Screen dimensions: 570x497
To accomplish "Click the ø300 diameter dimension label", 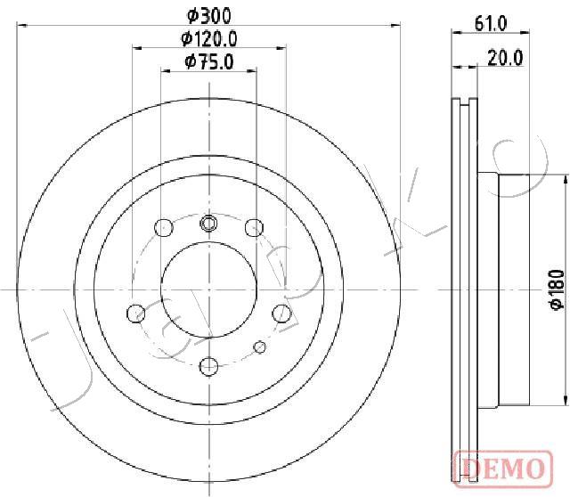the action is pos(209,16).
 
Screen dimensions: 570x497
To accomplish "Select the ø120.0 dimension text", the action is pos(209,38).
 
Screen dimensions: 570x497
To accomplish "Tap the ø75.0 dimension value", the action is pos(209,61).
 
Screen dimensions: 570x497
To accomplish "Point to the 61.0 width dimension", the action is pos(491,24).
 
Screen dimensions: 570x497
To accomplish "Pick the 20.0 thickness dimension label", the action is pos(505,58).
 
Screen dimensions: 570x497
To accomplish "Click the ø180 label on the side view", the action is pos(558,289).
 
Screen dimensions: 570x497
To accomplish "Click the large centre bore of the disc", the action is pos(209,289).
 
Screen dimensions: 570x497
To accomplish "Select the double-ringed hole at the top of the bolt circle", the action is pos(208,223).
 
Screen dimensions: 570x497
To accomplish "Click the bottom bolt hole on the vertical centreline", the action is pos(208,366).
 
